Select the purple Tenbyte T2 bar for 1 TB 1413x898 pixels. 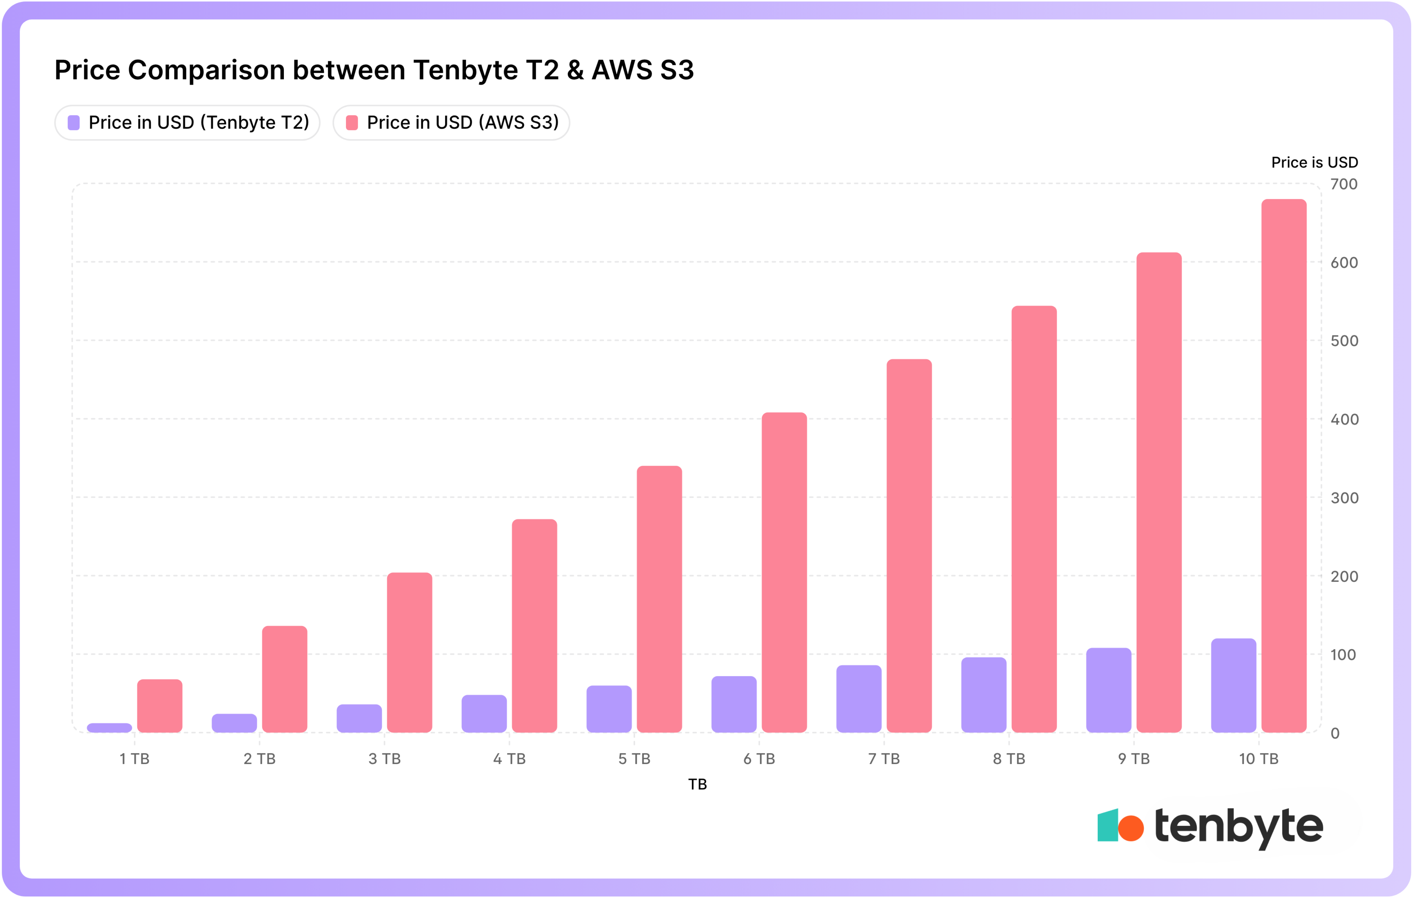tap(109, 728)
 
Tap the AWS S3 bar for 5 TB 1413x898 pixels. tap(659, 599)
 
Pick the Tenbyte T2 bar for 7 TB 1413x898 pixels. tap(859, 699)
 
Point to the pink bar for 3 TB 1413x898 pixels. tap(409, 652)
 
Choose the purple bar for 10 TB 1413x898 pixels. tap(1233, 685)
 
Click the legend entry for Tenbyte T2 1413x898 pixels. tap(187, 123)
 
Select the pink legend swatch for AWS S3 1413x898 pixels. tap(352, 123)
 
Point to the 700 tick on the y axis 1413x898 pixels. tap(1343, 184)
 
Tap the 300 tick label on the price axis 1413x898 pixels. tap(1344, 498)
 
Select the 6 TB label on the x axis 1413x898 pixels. tap(759, 759)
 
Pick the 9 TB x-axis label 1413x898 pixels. tap(1133, 759)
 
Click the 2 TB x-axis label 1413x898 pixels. tap(259, 759)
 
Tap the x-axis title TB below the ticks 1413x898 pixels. tap(697, 784)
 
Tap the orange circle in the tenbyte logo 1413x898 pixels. tap(1131, 828)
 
